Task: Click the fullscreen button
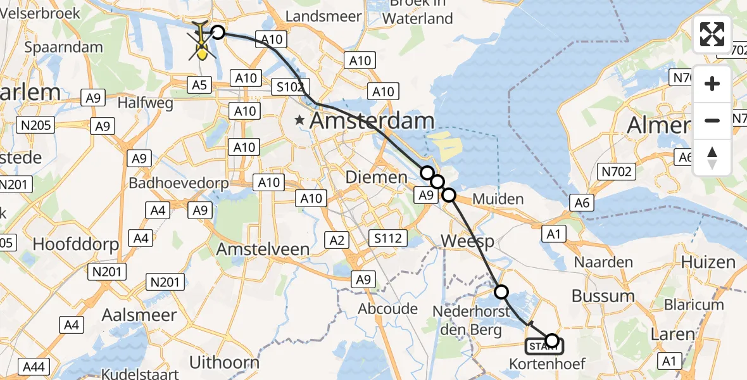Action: (x=712, y=34)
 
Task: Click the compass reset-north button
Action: (x=712, y=158)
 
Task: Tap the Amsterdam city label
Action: (x=373, y=122)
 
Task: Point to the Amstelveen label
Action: (x=263, y=249)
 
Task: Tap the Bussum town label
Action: (x=603, y=296)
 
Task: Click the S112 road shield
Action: (x=387, y=237)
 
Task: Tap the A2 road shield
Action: (x=337, y=239)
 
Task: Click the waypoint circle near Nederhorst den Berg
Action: (x=501, y=291)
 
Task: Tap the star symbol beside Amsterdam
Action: (x=299, y=119)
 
